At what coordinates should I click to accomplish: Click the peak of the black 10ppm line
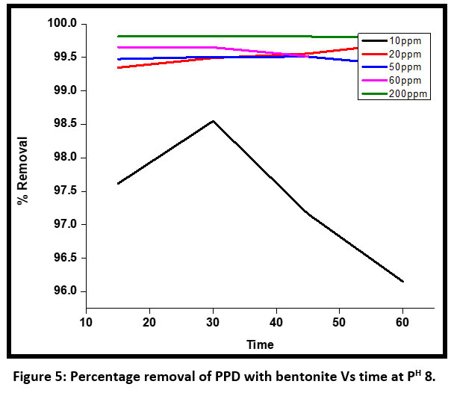[x=214, y=121]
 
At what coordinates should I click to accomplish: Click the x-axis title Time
[x=261, y=344]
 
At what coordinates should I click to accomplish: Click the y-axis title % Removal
[x=23, y=171]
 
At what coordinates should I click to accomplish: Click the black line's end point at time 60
[x=402, y=282]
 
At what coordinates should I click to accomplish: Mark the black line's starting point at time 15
[x=119, y=183]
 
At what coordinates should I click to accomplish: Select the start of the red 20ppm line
[x=119, y=68]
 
